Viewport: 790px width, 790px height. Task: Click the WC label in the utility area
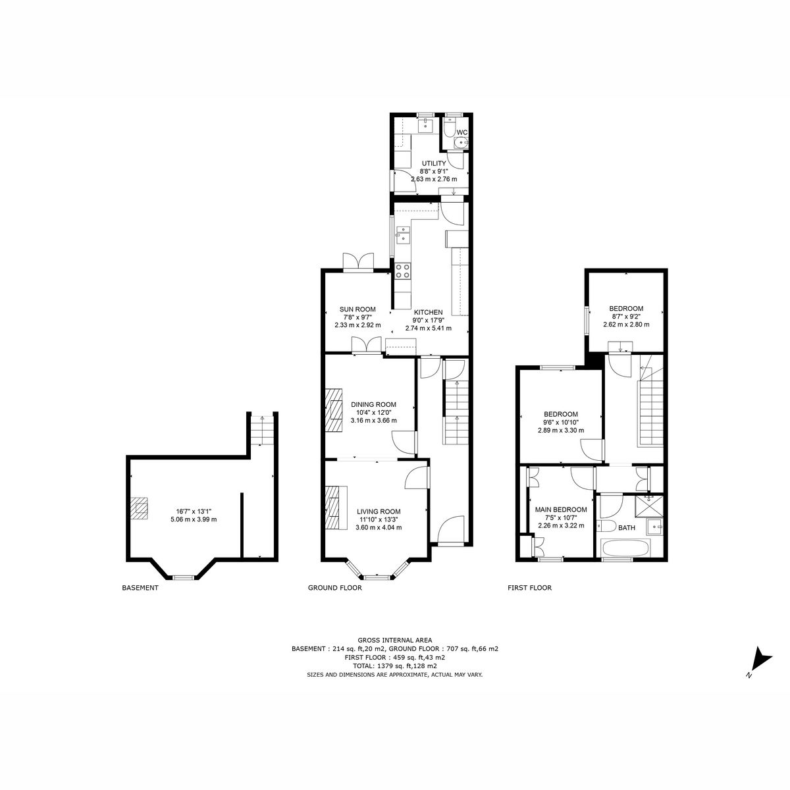[461, 132]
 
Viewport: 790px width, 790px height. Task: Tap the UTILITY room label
[433, 163]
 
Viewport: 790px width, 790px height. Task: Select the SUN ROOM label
[357, 309]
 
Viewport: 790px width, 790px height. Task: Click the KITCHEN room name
[428, 312]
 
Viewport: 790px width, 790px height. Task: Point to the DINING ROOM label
[373, 404]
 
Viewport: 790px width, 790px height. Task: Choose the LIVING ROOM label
[379, 512]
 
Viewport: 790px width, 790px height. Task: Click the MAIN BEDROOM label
[561, 510]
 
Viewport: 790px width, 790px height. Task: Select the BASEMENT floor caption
[140, 588]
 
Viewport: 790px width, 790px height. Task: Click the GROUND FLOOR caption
[335, 588]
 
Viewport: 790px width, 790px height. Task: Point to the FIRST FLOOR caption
[529, 588]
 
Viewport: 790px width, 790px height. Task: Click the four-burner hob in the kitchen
[402, 271]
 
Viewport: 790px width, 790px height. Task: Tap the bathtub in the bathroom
[625, 548]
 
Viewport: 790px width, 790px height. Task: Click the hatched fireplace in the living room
[336, 507]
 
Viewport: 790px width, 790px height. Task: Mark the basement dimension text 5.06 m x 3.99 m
[194, 519]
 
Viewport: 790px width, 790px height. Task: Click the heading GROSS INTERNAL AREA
[395, 639]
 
